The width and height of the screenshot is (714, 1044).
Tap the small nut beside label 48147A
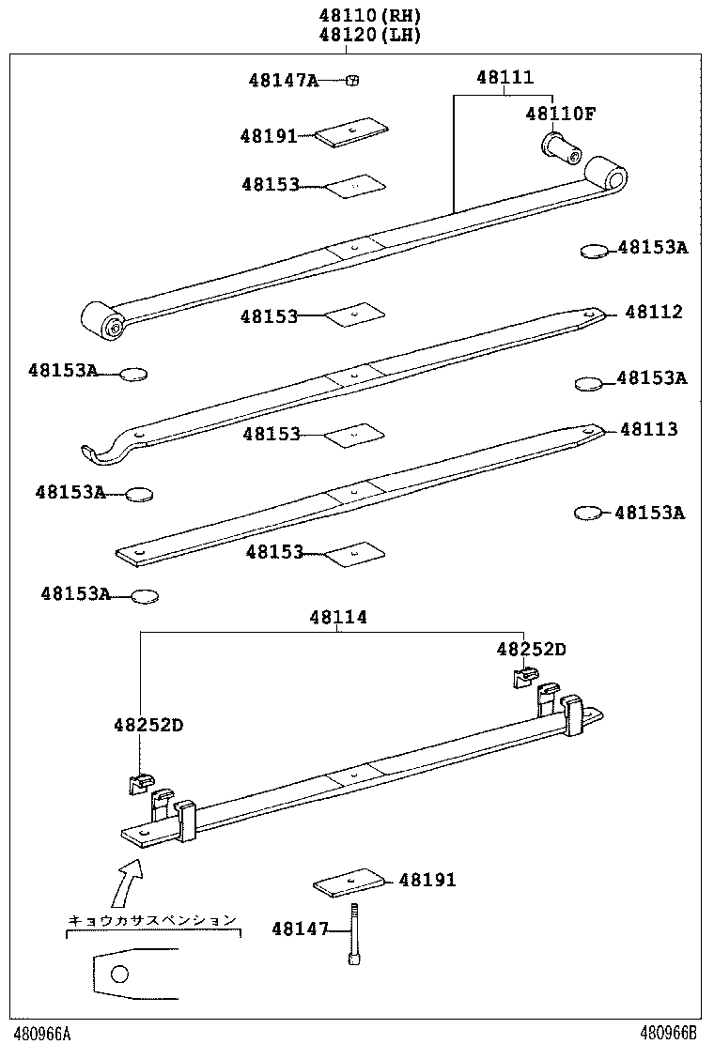point(352,81)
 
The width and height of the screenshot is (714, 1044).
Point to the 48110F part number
point(560,114)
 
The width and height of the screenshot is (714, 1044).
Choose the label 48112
point(654,312)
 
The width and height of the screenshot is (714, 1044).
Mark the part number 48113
point(648,429)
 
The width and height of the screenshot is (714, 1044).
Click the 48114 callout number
point(338,617)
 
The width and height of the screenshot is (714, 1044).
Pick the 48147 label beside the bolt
point(300,929)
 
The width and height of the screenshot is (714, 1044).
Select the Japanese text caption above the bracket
point(152,920)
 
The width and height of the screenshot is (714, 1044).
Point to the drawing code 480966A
point(37,1033)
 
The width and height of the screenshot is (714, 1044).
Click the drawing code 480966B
point(669,1033)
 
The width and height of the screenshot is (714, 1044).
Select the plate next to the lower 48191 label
point(350,883)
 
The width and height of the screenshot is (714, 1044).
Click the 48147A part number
point(283,81)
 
